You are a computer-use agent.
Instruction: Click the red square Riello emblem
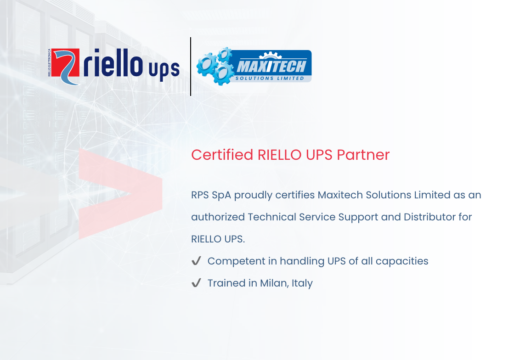coord(65,66)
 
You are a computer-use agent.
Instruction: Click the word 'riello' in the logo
coord(113,62)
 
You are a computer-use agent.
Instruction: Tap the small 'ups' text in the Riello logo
coord(164,71)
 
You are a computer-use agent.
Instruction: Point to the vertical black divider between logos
coord(190,66)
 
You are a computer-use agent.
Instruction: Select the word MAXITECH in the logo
coord(271,66)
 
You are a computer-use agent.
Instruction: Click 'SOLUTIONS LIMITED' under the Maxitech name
coord(270,78)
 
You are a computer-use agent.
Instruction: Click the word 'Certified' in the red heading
coord(222,155)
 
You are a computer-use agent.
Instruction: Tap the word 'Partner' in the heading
coord(363,155)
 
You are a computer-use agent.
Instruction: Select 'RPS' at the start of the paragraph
coord(200,195)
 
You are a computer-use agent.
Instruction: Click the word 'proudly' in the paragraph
coord(253,195)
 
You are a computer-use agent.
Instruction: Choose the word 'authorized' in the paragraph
coord(218,217)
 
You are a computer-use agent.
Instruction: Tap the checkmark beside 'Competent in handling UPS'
coord(196,261)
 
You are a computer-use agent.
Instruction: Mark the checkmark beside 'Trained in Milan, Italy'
coord(196,283)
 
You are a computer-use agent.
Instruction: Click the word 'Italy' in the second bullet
coord(302,283)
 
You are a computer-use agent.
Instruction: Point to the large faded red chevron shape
coord(120,194)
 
